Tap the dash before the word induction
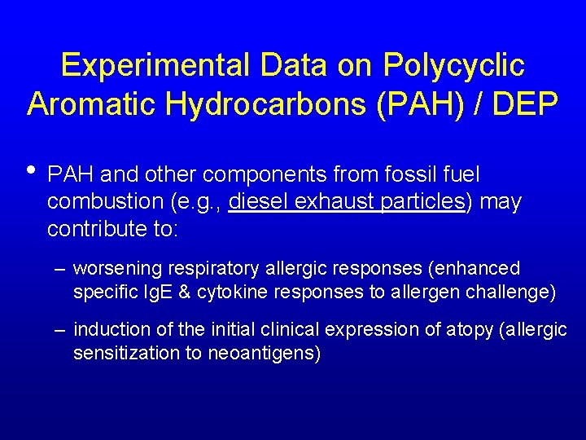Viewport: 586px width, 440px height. point(60,330)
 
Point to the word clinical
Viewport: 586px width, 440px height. point(292,330)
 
